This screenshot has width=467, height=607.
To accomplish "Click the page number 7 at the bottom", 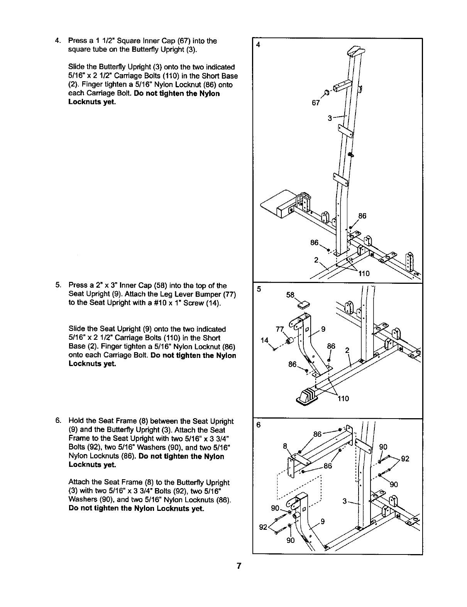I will (239, 566).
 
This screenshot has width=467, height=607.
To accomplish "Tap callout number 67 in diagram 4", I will (316, 103).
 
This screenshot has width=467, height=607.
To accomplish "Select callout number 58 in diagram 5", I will (290, 295).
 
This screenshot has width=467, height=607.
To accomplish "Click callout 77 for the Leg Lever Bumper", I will (280, 329).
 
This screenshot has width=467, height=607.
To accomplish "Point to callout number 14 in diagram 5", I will (264, 340).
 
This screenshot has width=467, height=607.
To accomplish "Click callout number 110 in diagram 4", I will (364, 274).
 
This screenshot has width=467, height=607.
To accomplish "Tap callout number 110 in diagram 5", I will (343, 398).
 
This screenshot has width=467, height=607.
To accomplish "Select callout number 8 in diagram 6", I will (285, 446).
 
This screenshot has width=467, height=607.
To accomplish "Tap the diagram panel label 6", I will (259, 425).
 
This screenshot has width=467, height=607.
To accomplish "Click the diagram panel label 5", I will (259, 289).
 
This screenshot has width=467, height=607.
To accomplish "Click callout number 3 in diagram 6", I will (344, 502).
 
